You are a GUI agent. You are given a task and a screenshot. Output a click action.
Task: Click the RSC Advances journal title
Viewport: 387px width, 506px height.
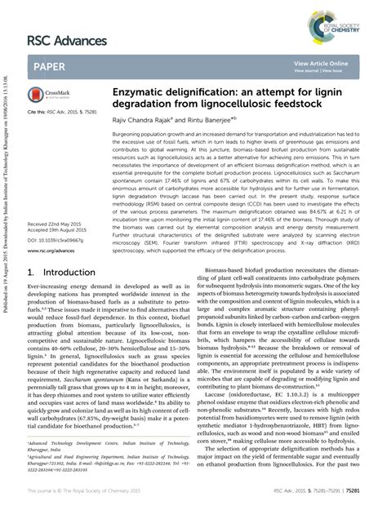click(66, 40)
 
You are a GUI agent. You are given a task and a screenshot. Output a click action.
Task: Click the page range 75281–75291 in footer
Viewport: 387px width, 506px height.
click(341, 490)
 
